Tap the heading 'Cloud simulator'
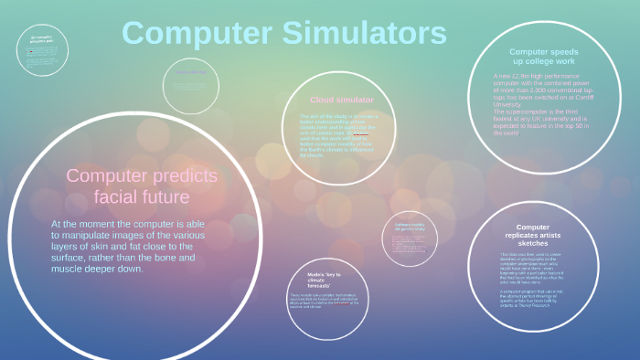[x=342, y=100]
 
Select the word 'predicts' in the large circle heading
[x=184, y=175]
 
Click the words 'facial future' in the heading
[x=141, y=196]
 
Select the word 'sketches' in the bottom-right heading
[x=532, y=245]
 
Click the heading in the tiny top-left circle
[x=40, y=38]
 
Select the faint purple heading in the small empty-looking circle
[x=190, y=71]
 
